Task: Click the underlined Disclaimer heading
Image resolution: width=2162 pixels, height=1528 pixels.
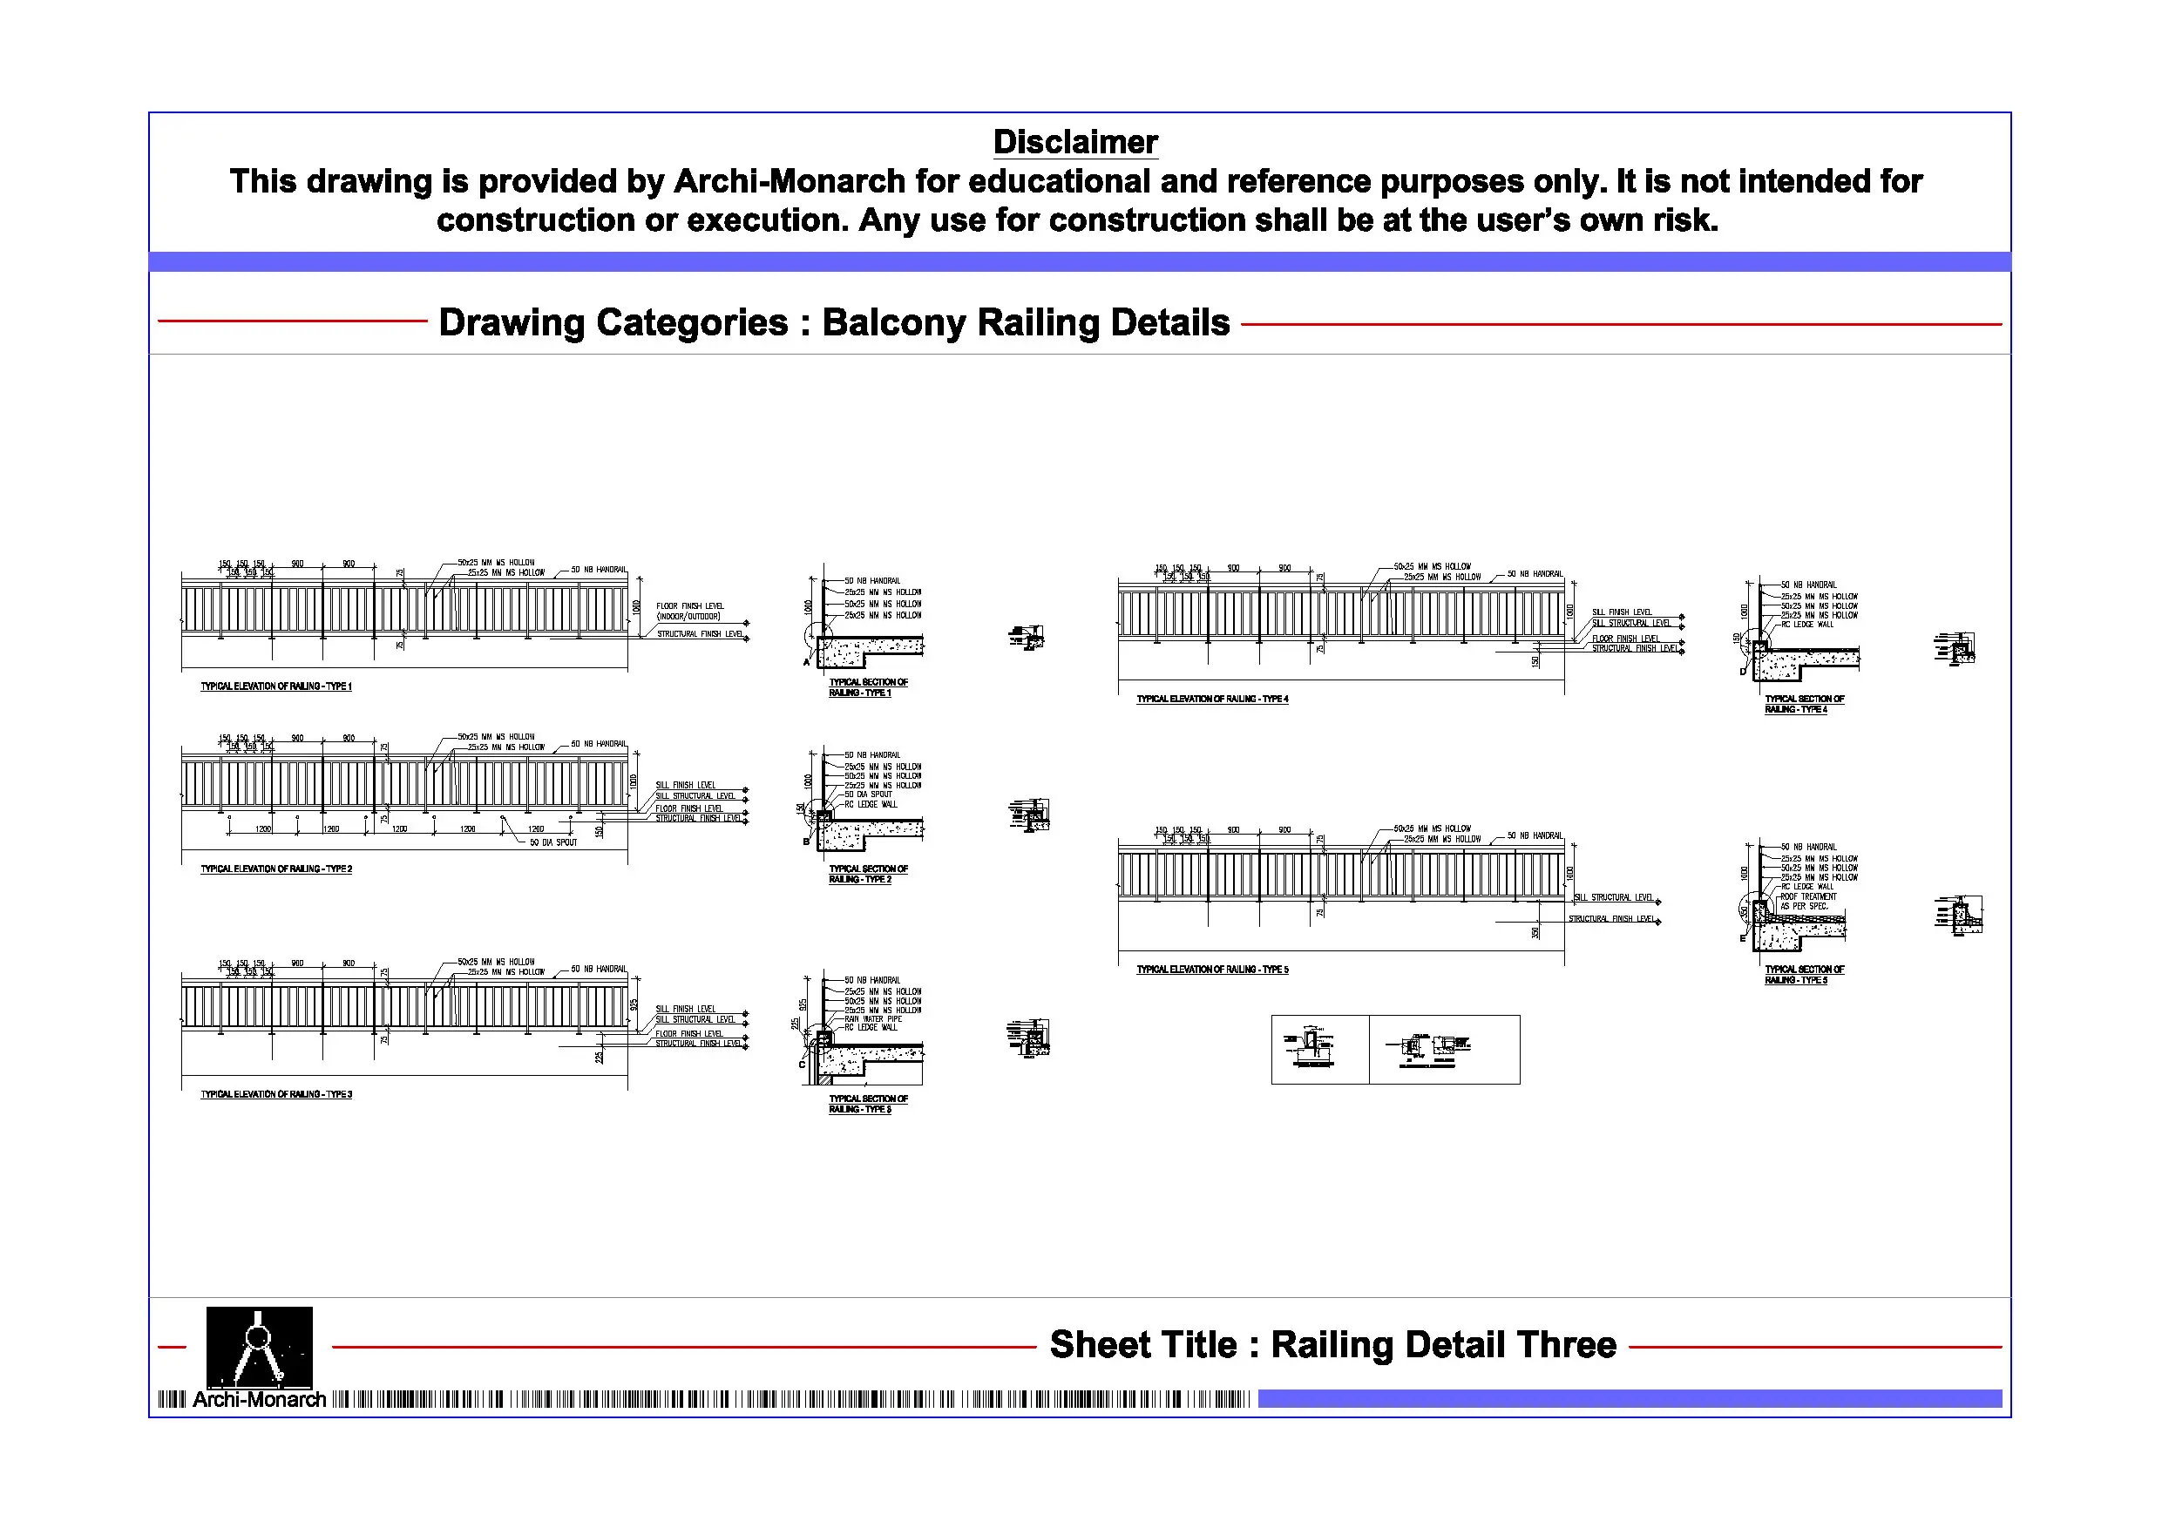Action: click(x=1074, y=142)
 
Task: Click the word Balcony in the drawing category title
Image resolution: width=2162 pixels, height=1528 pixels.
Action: click(x=892, y=323)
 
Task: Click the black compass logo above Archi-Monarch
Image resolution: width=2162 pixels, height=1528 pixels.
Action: click(x=259, y=1346)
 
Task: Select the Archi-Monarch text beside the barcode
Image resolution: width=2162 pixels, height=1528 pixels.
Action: click(x=259, y=1400)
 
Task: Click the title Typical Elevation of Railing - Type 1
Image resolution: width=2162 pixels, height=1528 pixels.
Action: click(x=276, y=686)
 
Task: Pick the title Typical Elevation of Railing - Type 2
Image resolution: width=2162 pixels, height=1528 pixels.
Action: click(x=276, y=869)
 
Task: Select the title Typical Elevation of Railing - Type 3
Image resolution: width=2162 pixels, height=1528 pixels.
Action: click(x=276, y=1094)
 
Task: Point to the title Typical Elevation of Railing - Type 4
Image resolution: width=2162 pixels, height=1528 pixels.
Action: click(x=1212, y=699)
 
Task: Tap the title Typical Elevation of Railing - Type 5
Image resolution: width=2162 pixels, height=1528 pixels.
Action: click(x=1212, y=969)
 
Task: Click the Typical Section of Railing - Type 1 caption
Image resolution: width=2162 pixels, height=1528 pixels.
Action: click(x=867, y=687)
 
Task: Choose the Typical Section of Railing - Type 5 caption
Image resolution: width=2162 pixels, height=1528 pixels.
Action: click(x=1803, y=975)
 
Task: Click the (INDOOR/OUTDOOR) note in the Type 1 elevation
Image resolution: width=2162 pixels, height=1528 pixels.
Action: click(x=688, y=617)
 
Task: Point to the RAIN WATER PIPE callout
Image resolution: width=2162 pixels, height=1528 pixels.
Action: click(x=873, y=1018)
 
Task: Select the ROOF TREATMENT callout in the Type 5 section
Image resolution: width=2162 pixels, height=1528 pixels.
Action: click(x=1808, y=896)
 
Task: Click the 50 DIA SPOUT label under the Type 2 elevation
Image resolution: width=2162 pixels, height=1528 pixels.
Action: click(x=552, y=842)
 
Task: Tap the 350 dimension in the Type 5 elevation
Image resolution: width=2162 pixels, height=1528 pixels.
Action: click(x=1535, y=932)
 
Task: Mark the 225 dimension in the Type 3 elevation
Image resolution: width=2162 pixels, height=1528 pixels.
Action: click(x=599, y=1058)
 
